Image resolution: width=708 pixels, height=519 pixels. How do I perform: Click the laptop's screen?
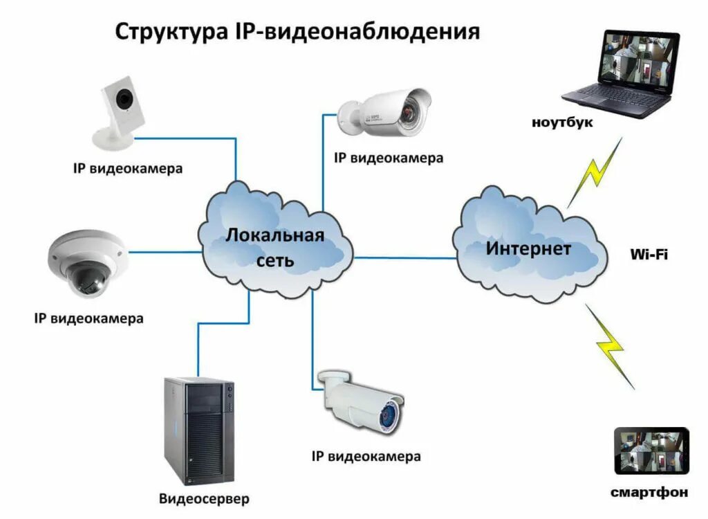point(640,59)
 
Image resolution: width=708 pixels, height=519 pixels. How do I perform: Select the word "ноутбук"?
point(562,122)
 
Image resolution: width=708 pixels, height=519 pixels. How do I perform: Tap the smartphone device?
point(651,450)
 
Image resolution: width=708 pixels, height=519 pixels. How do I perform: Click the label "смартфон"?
point(649,492)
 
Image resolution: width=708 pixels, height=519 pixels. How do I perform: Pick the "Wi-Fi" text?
point(649,254)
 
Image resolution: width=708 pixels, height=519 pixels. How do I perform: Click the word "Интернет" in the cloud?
point(528,248)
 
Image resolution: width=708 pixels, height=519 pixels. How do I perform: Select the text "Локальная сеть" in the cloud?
point(274,247)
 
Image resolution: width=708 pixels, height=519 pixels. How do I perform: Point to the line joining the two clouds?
point(405,257)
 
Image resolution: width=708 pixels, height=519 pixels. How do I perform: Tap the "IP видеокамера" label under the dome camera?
point(88,319)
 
